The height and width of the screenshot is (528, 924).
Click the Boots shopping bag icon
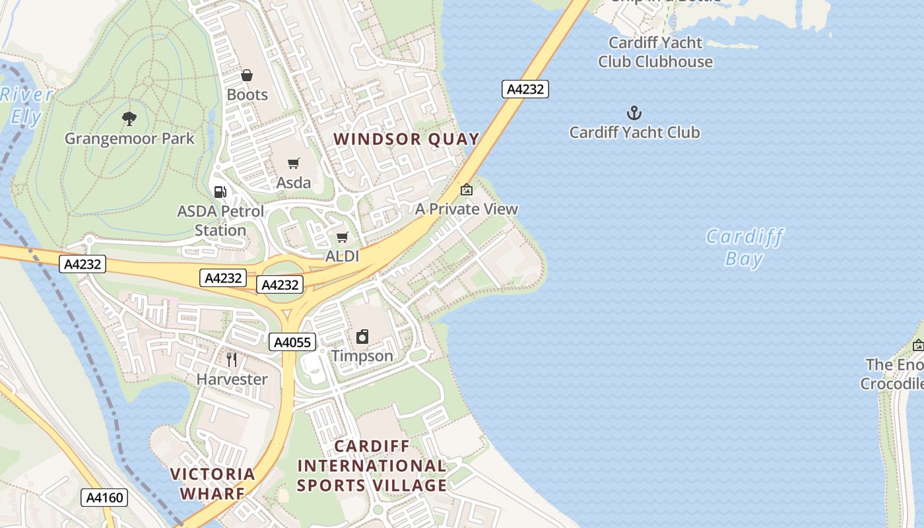[247, 76]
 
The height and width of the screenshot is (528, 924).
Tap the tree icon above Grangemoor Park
[129, 119]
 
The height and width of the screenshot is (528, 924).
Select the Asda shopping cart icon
[294, 163]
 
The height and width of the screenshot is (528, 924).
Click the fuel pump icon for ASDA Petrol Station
[220, 192]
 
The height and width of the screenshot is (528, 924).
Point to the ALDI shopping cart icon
[342, 237]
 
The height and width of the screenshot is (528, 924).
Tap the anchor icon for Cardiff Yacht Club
[634, 113]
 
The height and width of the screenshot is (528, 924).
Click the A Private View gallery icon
[467, 189]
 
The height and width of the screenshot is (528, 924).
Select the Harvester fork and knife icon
[232, 360]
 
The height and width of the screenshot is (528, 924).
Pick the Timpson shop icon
[362, 337]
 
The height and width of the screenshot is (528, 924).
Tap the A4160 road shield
[105, 498]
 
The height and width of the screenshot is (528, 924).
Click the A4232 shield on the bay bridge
[525, 89]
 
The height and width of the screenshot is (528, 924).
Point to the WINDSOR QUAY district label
[406, 139]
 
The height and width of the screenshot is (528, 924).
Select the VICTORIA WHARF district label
[213, 483]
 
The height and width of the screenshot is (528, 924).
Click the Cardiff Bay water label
[744, 247]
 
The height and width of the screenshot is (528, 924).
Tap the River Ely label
[26, 106]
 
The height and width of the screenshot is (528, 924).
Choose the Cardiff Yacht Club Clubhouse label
[655, 52]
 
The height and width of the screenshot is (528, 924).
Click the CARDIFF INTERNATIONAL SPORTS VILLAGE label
[372, 466]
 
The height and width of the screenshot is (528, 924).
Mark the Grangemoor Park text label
[129, 139]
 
